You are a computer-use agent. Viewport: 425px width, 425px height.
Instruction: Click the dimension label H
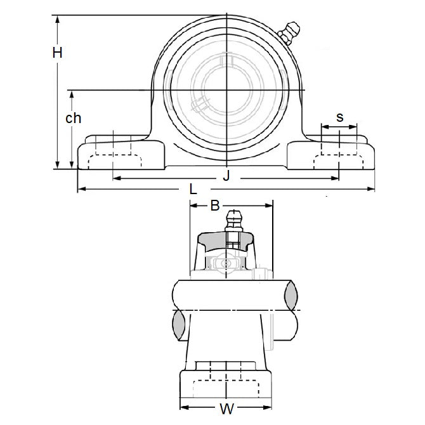point(57,53)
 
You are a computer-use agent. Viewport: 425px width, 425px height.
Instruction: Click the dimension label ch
point(74,118)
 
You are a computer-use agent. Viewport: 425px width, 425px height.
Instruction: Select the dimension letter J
point(226,176)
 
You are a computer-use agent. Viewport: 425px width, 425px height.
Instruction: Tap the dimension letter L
point(193,189)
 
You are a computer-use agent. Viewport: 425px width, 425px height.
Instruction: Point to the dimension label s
point(339,117)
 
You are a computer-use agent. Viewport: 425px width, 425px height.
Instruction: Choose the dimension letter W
point(226,409)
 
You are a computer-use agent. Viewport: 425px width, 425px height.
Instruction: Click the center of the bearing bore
point(227,91)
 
